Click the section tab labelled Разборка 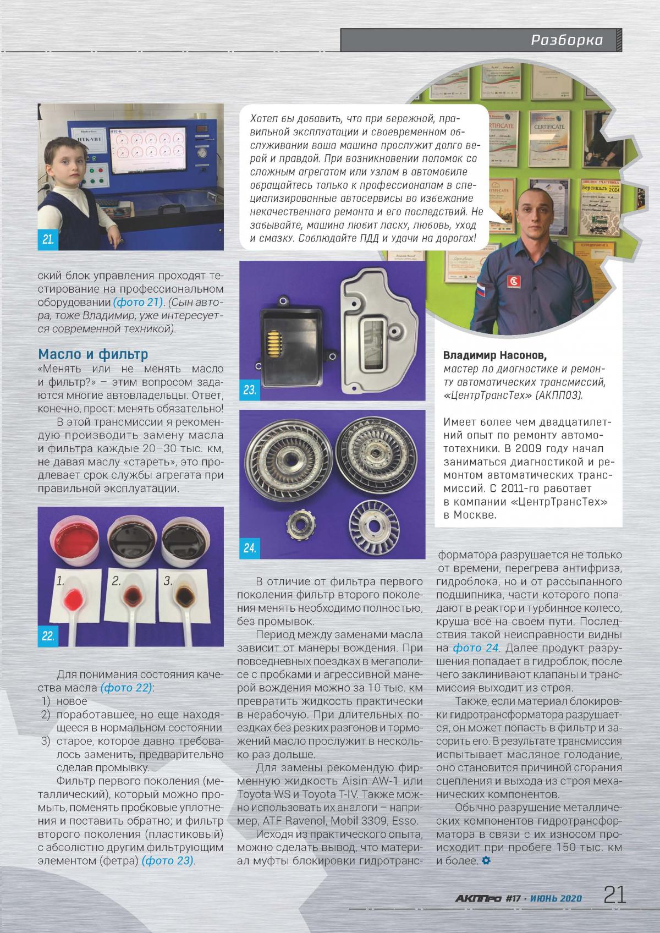566,40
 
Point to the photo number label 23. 250,391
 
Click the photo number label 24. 250,548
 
